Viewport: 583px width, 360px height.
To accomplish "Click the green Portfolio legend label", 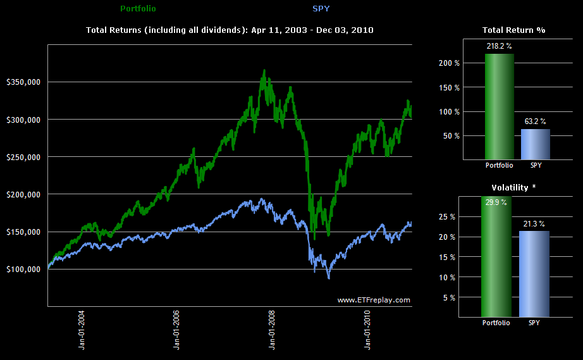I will (x=138, y=9).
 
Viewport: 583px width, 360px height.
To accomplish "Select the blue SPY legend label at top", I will (x=321, y=9).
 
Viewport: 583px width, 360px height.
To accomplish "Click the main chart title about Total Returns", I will (x=230, y=30).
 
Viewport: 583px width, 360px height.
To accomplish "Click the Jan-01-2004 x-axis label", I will (x=82, y=329).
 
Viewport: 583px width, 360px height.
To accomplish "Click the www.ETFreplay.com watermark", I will (x=374, y=300).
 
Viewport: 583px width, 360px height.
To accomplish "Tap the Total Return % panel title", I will (x=513, y=30).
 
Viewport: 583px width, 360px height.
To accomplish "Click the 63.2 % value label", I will (x=534, y=121).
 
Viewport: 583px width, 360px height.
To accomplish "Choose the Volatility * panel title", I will (x=513, y=187).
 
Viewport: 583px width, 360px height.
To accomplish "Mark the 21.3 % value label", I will (x=534, y=224).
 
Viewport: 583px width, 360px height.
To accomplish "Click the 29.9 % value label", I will (x=498, y=202).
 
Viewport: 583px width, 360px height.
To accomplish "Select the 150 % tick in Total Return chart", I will (x=450, y=87).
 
